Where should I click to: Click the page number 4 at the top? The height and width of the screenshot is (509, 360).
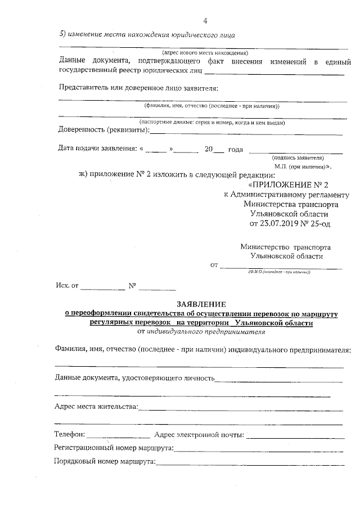click(x=205, y=21)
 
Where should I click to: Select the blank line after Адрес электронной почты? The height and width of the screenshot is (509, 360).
click(x=295, y=436)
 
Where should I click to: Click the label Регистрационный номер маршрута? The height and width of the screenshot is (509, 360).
click(x=114, y=448)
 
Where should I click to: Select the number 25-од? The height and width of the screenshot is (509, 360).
click(x=318, y=223)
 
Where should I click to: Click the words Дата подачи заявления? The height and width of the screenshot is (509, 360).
click(x=97, y=149)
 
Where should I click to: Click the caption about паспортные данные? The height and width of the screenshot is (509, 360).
click(x=212, y=123)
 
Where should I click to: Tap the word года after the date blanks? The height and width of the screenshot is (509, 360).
click(x=235, y=149)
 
